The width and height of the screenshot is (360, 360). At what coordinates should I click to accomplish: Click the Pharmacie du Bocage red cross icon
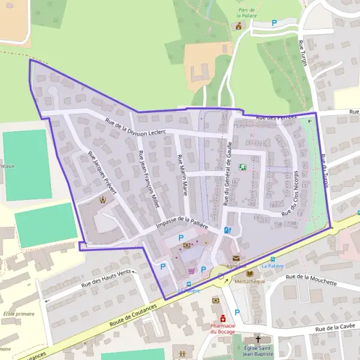coord(223,317)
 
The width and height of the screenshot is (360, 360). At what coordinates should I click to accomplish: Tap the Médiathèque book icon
coord(250,273)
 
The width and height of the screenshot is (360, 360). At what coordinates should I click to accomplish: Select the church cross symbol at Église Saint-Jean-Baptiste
coord(258,339)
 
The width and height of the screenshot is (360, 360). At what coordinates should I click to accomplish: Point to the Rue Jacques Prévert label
coord(101,172)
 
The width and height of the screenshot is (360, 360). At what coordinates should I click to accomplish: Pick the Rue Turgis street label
coord(302,57)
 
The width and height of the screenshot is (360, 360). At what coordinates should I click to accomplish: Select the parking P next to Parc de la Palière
coord(274,23)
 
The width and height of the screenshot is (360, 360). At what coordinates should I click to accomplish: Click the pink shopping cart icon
coord(191,271)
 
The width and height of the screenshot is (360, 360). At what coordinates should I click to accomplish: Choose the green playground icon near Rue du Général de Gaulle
coord(242,167)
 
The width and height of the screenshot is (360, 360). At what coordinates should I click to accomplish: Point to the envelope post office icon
coord(235,258)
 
